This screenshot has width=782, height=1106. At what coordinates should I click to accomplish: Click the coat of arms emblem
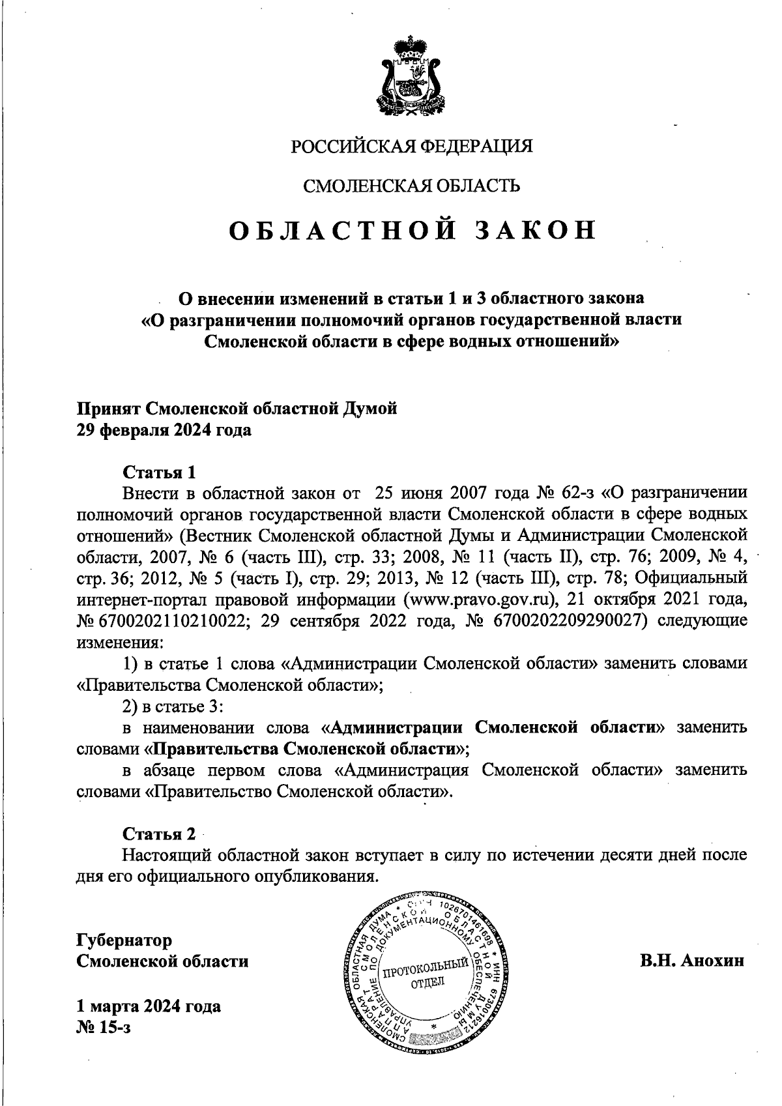(412, 78)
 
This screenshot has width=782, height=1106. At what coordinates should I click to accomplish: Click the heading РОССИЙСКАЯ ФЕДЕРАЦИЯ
(411, 146)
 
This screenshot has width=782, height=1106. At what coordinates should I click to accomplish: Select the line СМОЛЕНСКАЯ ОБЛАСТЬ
(412, 186)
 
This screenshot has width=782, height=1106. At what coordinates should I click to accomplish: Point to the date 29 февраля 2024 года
(164, 431)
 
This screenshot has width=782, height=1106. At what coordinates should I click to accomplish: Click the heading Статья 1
(159, 471)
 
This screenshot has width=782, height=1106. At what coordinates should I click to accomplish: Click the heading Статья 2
(159, 834)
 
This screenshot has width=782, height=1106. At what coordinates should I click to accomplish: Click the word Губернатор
(124, 940)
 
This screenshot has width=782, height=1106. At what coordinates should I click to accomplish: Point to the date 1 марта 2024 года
(149, 1006)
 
